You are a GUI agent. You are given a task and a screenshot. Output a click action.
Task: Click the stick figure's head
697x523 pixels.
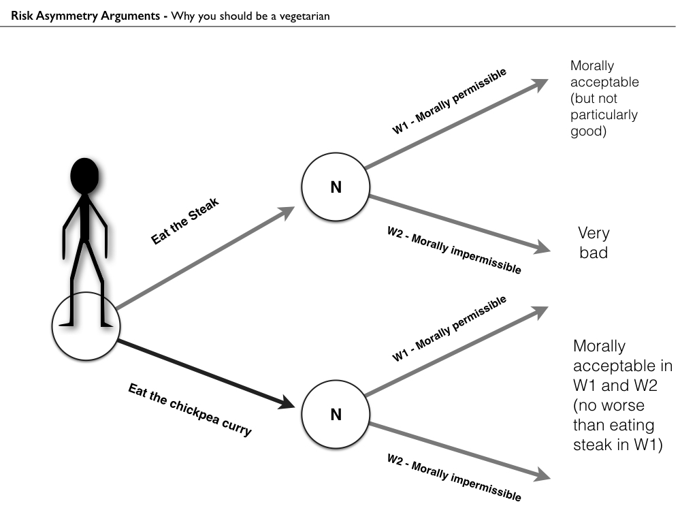point(84,175)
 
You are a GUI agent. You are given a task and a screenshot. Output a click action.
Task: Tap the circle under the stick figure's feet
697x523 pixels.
point(85,326)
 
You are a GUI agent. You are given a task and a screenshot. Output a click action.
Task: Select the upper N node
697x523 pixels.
point(336,187)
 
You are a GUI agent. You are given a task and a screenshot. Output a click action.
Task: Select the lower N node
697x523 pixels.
point(336,414)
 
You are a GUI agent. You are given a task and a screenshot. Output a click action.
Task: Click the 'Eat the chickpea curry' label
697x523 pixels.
point(190,409)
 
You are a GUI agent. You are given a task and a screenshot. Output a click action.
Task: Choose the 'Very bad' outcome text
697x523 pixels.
point(594,242)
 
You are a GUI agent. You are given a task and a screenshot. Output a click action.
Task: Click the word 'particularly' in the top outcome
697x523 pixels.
point(604,114)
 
